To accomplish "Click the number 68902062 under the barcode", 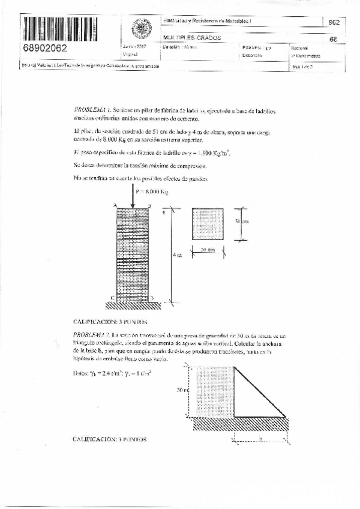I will (x=46, y=47).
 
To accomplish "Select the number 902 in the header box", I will (x=334, y=22).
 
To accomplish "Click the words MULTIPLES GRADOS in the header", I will (x=192, y=37).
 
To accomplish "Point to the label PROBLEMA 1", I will (x=91, y=111).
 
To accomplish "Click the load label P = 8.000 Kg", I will (x=152, y=192).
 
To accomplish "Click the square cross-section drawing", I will (x=208, y=224).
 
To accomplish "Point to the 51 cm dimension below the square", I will (x=208, y=250).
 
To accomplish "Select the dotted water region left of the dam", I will (x=214, y=390).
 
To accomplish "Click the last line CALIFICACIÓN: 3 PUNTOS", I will (x=109, y=439).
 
